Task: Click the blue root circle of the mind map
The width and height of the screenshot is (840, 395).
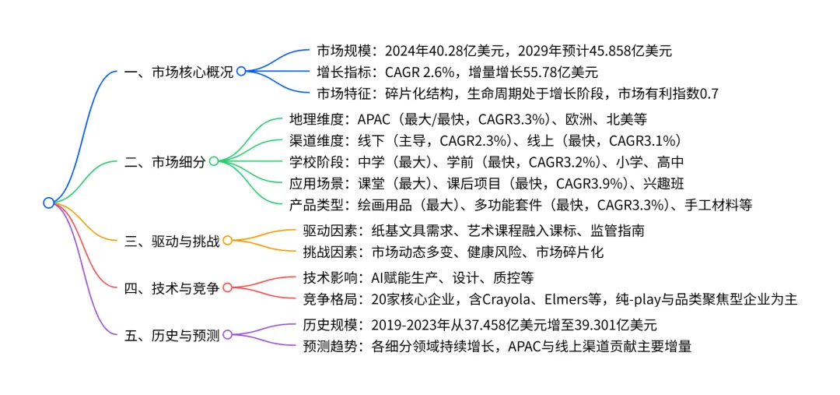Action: coord(48,203)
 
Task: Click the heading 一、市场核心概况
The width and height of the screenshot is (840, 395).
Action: coord(179,72)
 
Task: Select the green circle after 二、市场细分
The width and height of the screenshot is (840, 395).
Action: coord(214,161)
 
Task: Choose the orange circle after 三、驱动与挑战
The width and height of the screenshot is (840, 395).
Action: coord(227,242)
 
